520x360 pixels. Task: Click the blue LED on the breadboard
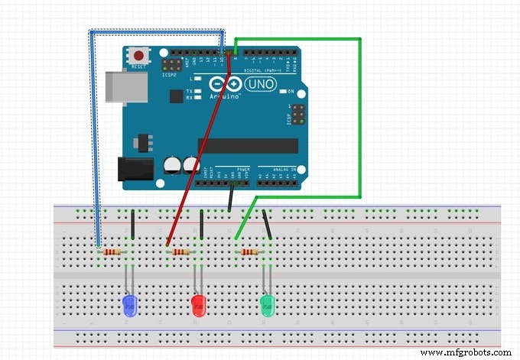[x=129, y=306]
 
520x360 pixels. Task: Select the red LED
[x=198, y=306]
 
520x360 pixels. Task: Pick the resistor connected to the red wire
[x=180, y=251]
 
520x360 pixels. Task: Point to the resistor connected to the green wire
[x=249, y=251]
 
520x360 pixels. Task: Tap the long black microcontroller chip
[x=247, y=146]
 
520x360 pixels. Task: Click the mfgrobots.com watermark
[x=466, y=352]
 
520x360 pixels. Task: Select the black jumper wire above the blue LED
[x=133, y=225]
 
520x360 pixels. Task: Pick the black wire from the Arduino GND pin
[x=230, y=198]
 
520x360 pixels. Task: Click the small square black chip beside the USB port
[x=176, y=96]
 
